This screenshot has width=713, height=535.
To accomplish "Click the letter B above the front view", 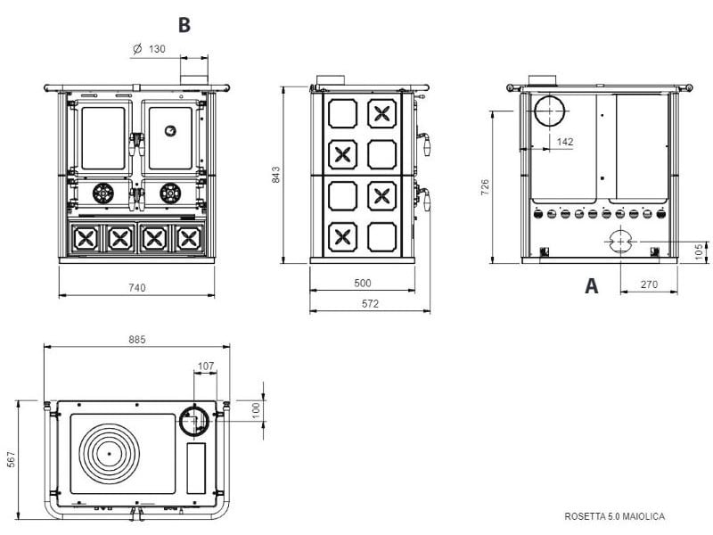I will tap(184, 24).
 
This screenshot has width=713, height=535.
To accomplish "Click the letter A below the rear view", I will tap(590, 286).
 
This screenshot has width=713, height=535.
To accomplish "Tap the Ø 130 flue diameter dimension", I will tap(149, 49).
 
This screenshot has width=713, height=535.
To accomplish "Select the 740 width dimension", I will tap(135, 287).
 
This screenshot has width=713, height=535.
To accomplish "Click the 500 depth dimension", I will tap(362, 283).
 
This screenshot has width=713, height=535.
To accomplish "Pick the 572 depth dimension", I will tap(370, 303).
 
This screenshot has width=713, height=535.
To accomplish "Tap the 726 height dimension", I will tap(485, 186).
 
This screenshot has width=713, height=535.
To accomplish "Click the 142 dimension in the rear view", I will tap(564, 141).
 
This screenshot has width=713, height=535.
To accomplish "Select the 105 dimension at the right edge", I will tap(699, 252).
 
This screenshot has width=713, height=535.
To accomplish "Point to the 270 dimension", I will tap(649, 284).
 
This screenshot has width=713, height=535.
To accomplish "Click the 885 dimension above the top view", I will tap(136, 340).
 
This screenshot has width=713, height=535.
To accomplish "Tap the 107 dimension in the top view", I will tap(206, 366).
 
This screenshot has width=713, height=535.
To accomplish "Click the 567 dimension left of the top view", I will tap(11, 458).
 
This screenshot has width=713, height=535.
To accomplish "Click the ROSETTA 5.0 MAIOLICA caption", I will tap(615, 516).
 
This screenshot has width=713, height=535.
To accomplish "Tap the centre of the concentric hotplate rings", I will tap(111, 453).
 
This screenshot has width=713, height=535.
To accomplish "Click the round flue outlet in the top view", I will tap(194, 420).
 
